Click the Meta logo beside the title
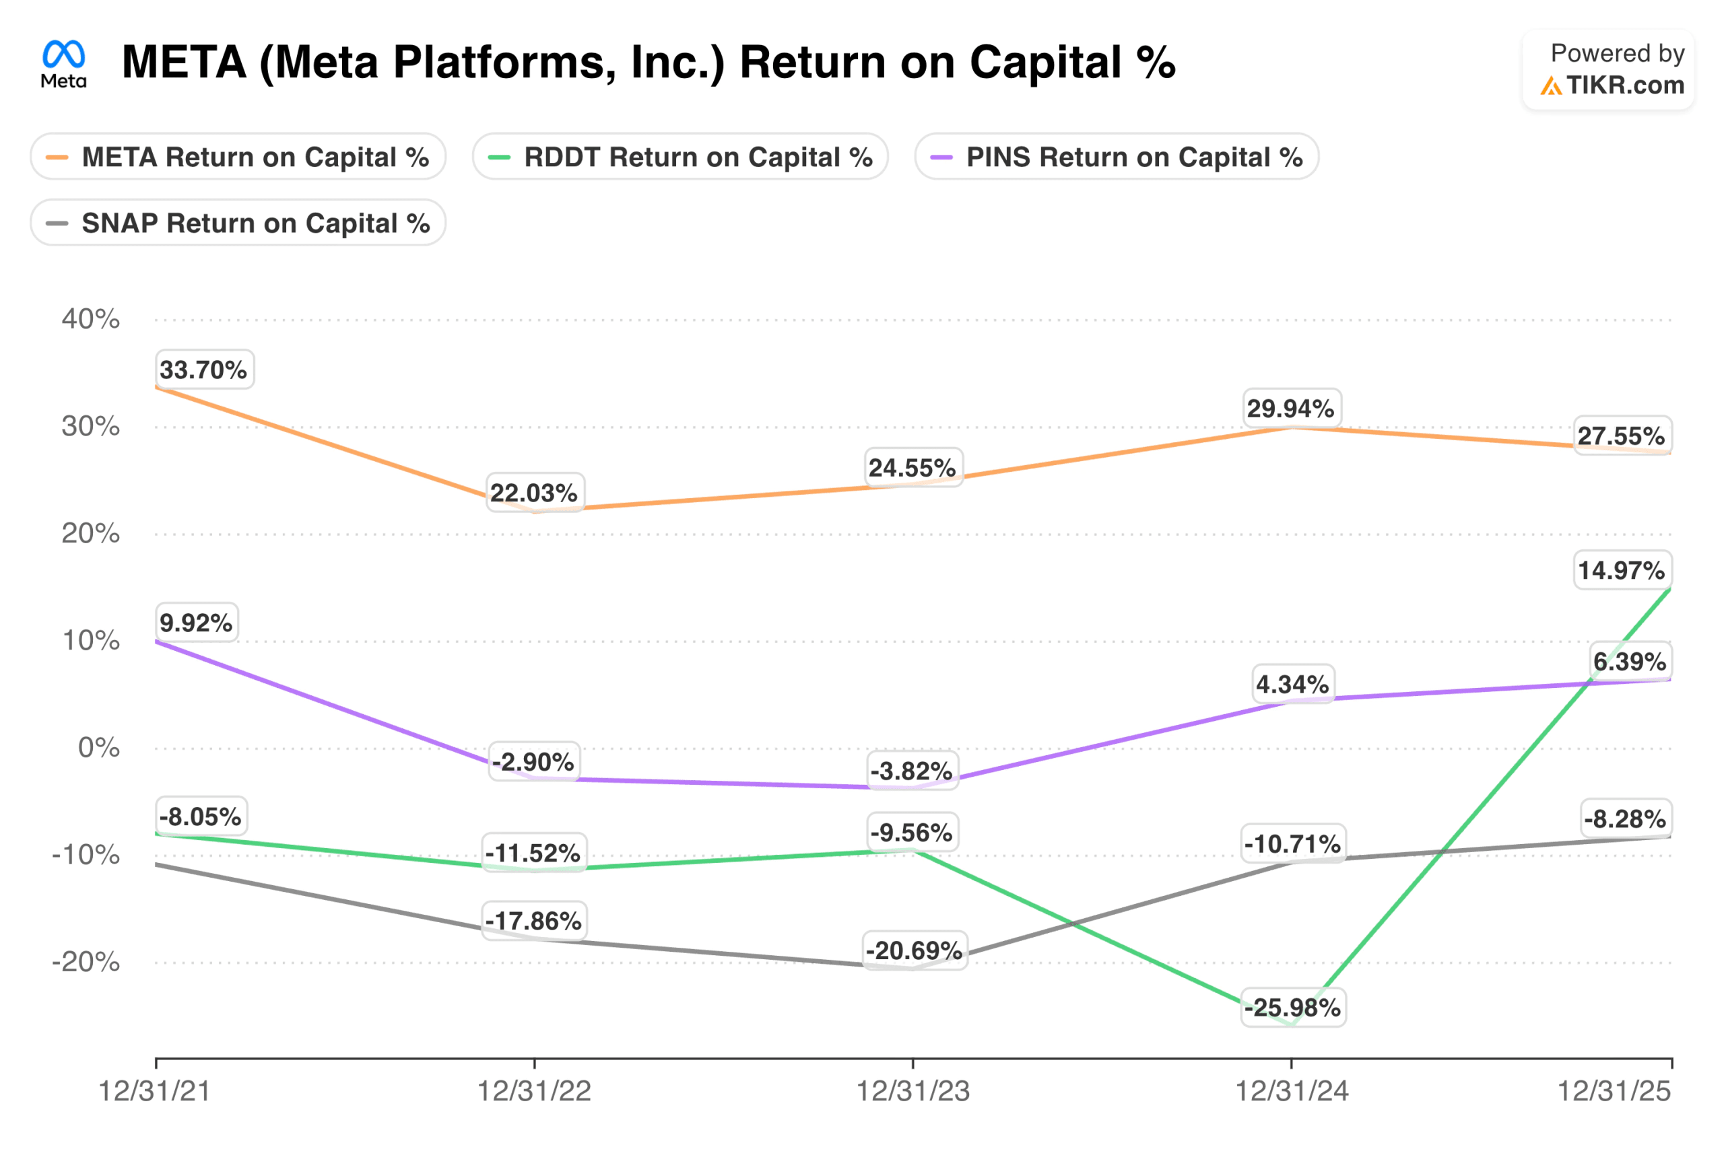64,64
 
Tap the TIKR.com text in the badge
1625,85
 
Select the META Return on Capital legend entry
238,157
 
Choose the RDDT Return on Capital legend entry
680,157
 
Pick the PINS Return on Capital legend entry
1117,157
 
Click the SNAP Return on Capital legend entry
238,223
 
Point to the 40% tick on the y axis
90,319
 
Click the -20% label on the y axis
86,962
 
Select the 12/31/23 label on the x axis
913,1091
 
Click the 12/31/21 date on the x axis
155,1091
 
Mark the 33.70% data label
204,370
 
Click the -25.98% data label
1293,1008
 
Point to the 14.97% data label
1622,570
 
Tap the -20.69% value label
914,950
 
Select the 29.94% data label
1292,408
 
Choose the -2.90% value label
533,762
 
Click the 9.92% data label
197,623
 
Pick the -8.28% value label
1625,819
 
